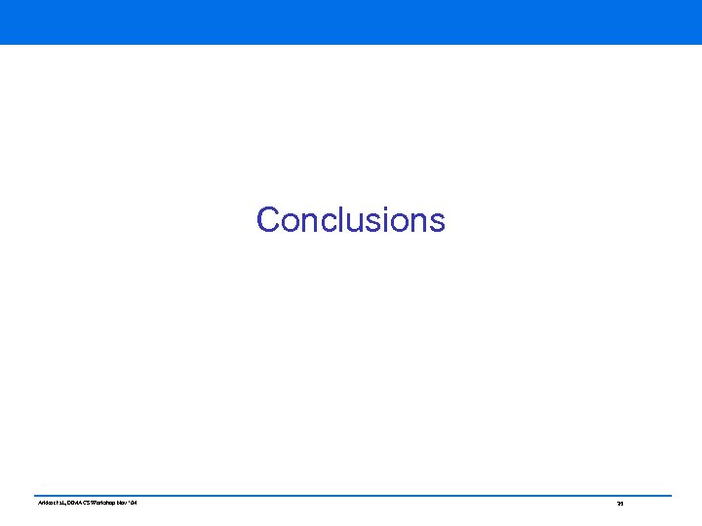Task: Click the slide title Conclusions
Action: [x=350, y=220]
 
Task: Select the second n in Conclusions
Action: [x=413, y=223]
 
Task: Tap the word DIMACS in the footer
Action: [x=75, y=503]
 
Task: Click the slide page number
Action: [x=620, y=504]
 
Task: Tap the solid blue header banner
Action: [x=351, y=21]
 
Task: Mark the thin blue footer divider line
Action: [x=351, y=495]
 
